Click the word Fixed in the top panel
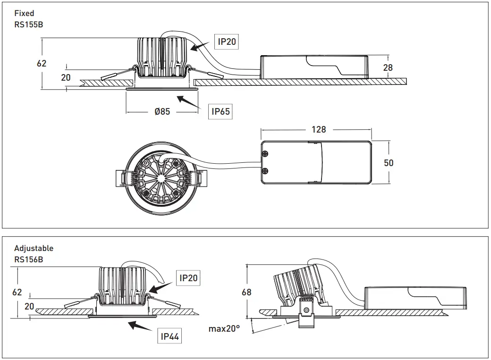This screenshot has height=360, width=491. [x=24, y=14]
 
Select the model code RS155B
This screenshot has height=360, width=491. [x=29, y=24]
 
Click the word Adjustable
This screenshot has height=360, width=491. [x=34, y=248]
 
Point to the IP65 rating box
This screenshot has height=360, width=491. [x=220, y=112]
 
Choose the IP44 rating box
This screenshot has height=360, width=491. [x=169, y=336]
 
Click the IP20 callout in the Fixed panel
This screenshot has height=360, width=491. [x=227, y=42]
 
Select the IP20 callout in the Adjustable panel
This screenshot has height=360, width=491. [x=188, y=278]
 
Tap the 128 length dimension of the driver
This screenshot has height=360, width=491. [x=319, y=129]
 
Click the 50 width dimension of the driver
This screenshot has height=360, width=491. [x=389, y=163]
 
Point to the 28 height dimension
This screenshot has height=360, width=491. [x=388, y=68]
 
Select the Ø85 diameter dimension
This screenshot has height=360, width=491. [x=162, y=112]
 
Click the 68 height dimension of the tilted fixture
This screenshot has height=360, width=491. [x=246, y=292]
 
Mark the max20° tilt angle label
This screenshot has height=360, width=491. [x=224, y=328]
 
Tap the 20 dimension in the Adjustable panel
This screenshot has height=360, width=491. [x=29, y=306]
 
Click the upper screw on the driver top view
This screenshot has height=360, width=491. [x=266, y=154]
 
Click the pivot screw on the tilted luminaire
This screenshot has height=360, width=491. [x=307, y=310]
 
